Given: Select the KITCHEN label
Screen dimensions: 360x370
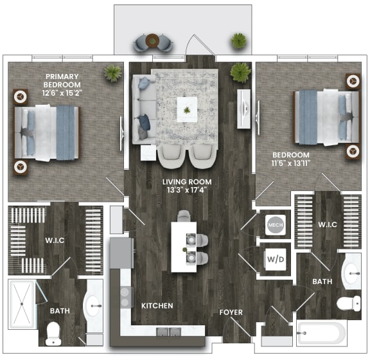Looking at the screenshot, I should coord(157,306).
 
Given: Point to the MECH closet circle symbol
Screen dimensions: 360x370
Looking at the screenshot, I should coord(274,225).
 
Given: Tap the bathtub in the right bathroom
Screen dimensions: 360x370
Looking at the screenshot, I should coord(321,334).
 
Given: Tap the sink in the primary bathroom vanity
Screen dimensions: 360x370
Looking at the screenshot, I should coord(93,305).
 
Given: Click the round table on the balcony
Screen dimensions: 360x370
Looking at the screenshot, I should coord(154,41).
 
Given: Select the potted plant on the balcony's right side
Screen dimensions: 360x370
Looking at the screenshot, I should coord(238,40).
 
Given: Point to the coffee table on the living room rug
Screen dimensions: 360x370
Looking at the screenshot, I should coord(187,109).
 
